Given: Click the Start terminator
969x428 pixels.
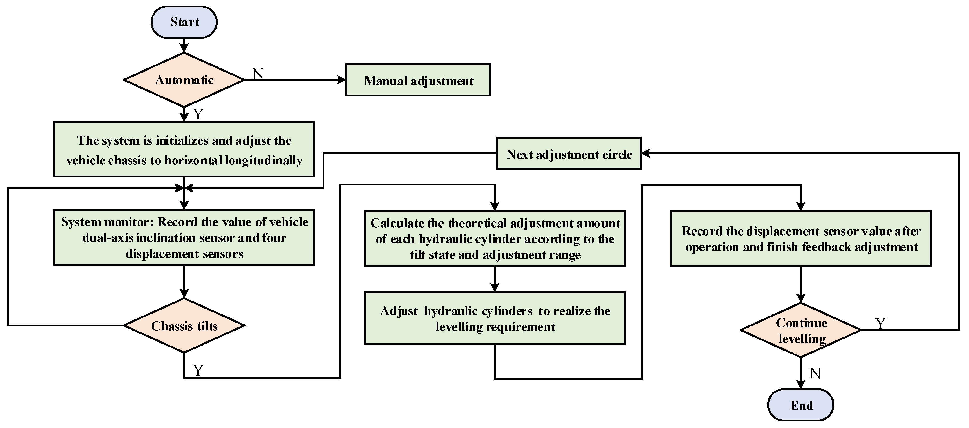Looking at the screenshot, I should pos(184,22).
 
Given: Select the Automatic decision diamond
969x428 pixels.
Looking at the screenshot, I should pos(184,80).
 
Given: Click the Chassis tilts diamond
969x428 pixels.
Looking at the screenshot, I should pos(184,326).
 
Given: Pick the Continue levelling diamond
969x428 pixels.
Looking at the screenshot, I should pos(801,330).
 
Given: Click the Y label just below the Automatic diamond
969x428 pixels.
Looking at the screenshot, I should pos(198,114).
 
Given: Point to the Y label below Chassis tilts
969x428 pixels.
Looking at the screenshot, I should pos(198,370).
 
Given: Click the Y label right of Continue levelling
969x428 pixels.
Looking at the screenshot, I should pos(880,323).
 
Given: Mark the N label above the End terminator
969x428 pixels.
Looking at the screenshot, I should pos(815,373).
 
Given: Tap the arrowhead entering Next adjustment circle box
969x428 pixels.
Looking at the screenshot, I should pos(646,153).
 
